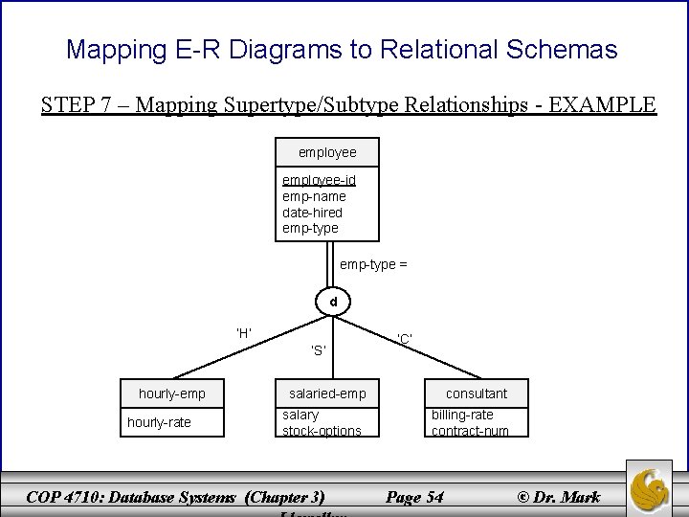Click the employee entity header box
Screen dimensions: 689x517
coord(326,152)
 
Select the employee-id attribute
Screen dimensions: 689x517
coord(319,180)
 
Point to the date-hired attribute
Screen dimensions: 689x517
coord(312,212)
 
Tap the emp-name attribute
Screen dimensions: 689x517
coord(314,196)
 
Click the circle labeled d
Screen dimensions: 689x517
coord(334,303)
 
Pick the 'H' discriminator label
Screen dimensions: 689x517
coord(244,333)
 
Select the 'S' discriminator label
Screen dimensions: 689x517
coord(320,349)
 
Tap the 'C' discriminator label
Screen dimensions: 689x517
coord(405,338)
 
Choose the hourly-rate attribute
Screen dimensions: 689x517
coord(160,422)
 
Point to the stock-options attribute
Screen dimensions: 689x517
coord(322,431)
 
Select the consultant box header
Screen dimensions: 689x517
coord(476,393)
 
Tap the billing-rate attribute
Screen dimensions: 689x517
coord(462,415)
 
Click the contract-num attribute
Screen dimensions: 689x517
coord(470,431)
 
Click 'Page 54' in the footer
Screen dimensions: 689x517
coord(413,496)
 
